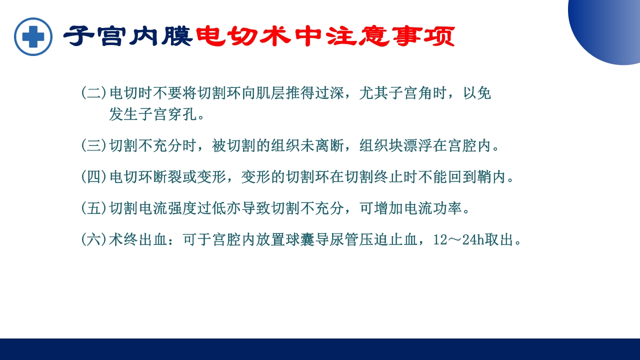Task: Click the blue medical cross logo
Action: point(33,36)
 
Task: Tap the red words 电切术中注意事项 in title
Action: point(325,36)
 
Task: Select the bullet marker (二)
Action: point(93,93)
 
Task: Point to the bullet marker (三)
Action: point(93,146)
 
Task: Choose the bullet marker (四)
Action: point(93,177)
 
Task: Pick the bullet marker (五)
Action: point(93,208)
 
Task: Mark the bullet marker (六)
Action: point(93,240)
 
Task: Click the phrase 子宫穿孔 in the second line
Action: point(161,114)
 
